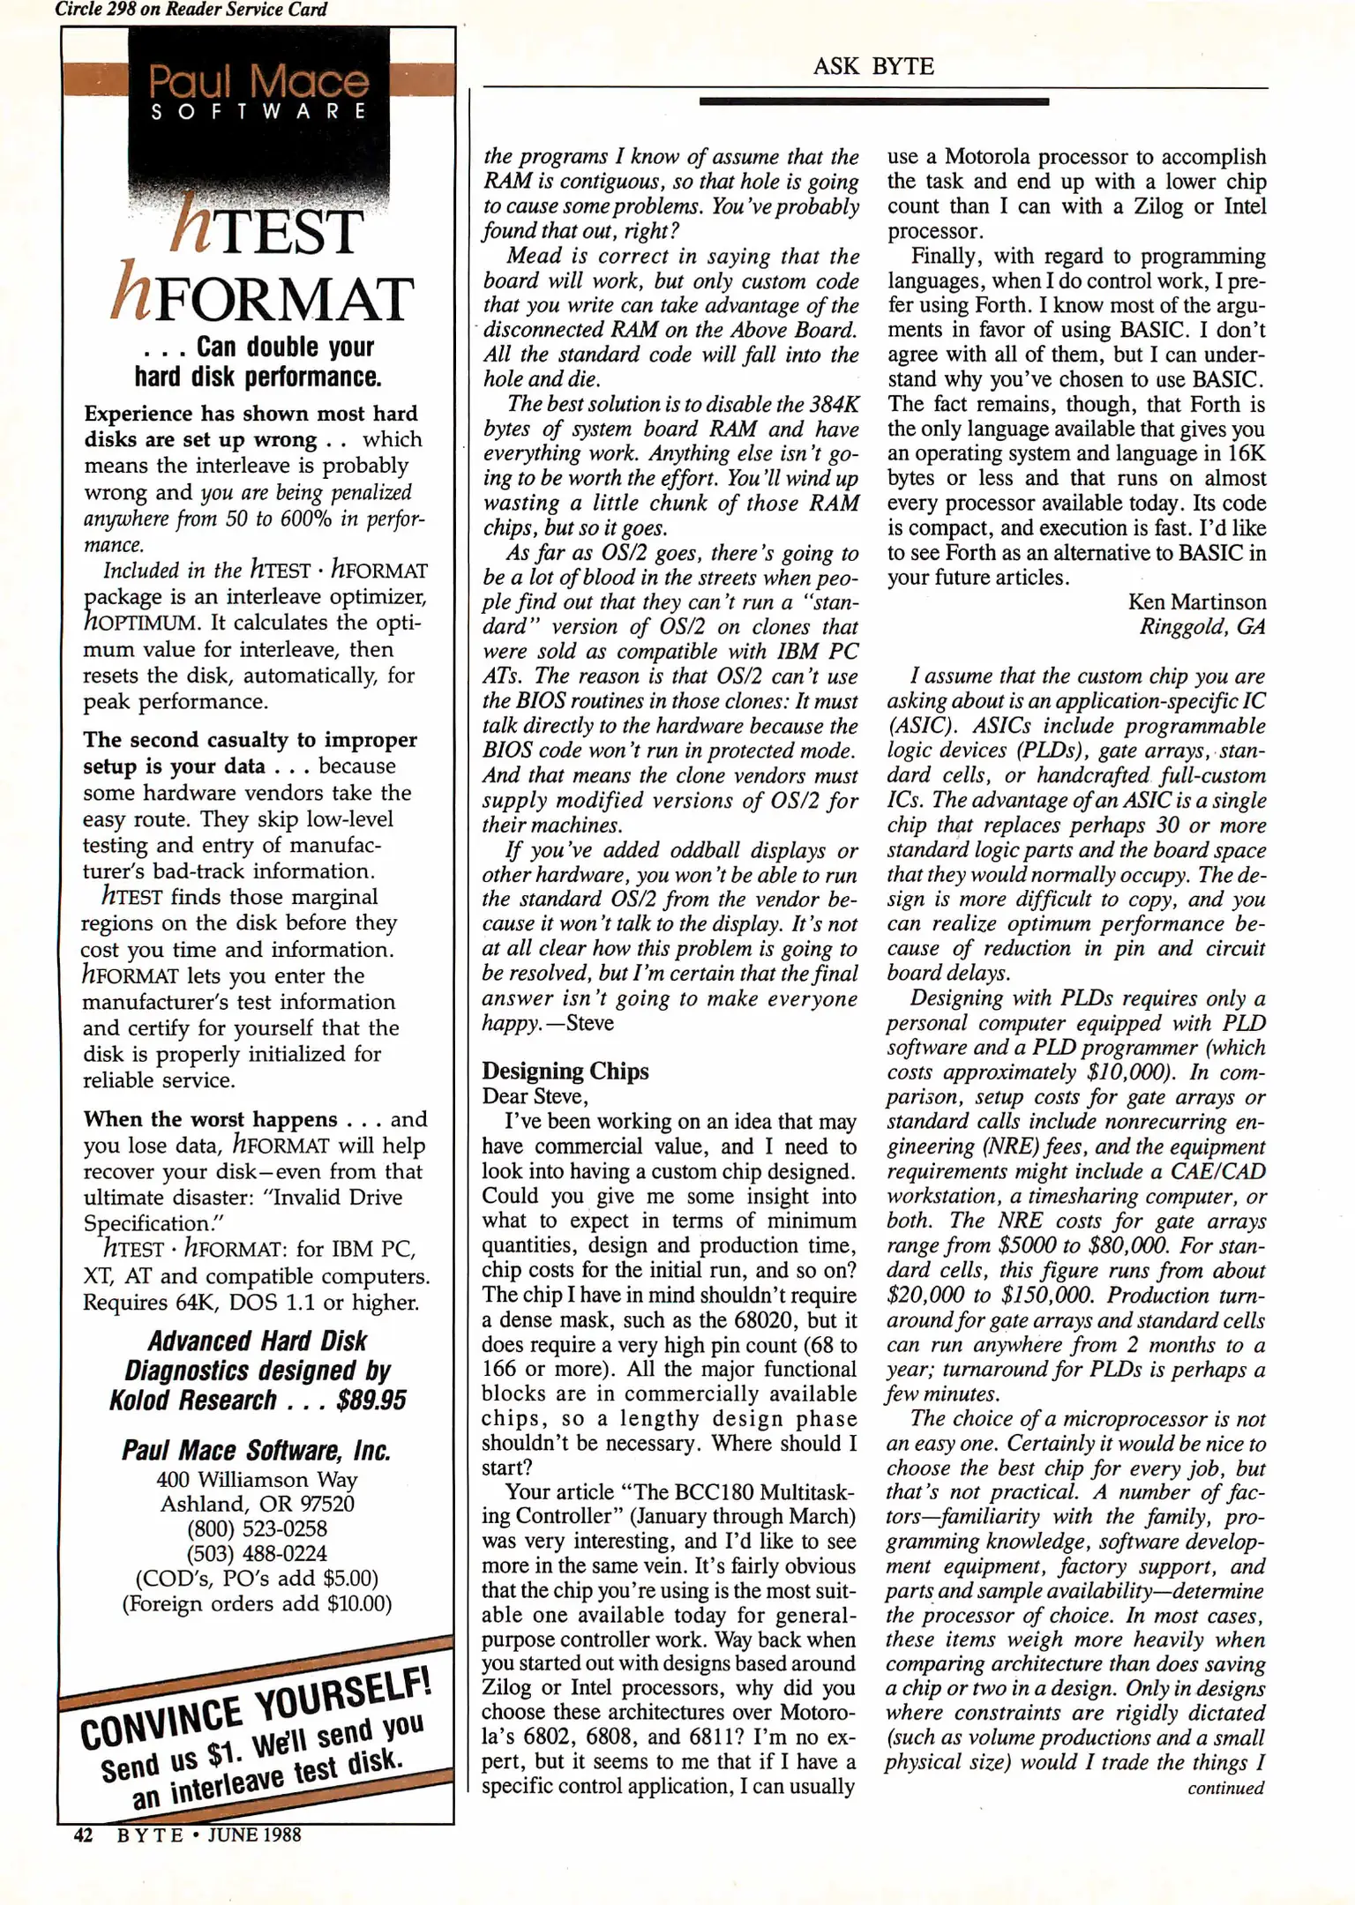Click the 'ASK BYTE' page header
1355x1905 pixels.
tap(872, 66)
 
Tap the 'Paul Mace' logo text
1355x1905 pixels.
tap(258, 82)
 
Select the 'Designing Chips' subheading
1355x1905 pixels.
tap(565, 1071)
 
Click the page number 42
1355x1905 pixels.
tap(83, 1834)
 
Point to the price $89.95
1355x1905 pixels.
tap(371, 1401)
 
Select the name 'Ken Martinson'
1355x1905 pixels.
tap(1196, 602)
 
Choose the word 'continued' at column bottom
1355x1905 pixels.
tap(1225, 1788)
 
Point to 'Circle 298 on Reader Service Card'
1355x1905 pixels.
tap(191, 10)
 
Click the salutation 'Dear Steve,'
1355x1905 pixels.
tap(535, 1096)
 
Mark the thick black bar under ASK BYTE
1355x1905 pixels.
tap(873, 101)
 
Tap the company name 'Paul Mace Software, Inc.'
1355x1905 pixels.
tap(257, 1451)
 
